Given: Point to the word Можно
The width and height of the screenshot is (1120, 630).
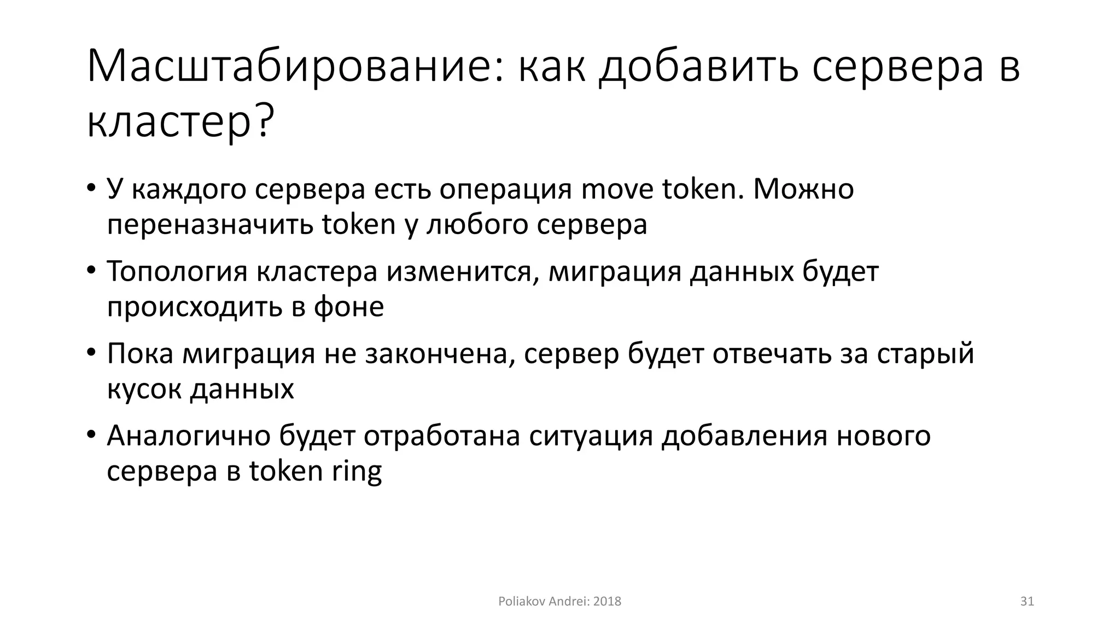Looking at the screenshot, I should point(803,190).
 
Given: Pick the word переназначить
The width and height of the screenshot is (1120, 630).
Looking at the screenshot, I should point(210,225).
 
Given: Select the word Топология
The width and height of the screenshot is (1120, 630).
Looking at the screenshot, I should point(177,272).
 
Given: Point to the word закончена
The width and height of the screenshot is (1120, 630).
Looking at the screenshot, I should point(440,354).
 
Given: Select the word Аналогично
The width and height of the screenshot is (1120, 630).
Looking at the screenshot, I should point(189,436).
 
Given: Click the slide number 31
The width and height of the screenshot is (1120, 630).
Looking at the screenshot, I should point(1027,602).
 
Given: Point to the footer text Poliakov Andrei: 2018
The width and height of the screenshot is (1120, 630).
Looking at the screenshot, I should point(559,602).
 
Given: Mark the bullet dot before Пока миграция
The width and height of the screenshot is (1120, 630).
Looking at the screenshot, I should point(91,353).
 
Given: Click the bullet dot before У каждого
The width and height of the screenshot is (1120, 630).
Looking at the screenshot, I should point(91,189).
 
